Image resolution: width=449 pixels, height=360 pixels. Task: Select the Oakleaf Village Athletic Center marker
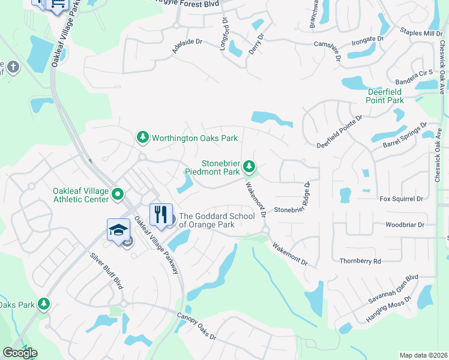click(x=118, y=194)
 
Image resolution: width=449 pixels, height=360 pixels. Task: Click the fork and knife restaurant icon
click(x=160, y=215)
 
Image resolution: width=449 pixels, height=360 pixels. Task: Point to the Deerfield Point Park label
click(x=385, y=96)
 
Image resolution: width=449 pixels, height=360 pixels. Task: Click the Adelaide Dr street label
click(x=187, y=47)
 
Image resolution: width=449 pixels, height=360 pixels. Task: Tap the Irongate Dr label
click(x=367, y=40)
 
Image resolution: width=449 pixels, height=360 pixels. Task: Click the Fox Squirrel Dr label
click(x=402, y=199)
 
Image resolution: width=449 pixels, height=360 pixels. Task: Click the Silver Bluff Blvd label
click(x=107, y=271)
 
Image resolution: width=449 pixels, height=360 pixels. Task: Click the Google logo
click(x=20, y=352)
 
